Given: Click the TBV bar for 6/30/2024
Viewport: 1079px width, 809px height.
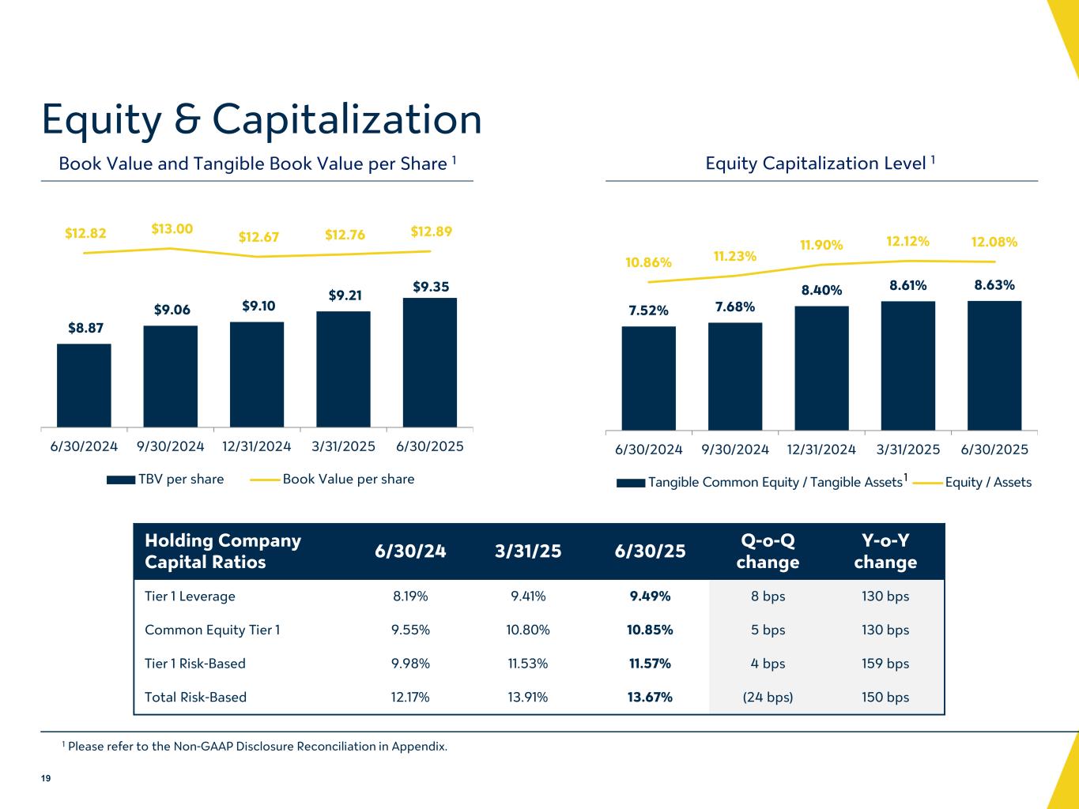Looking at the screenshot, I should point(84,385).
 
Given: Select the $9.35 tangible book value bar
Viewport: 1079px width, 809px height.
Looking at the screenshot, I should point(429,362).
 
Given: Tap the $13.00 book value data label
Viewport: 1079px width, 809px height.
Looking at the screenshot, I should point(172,229).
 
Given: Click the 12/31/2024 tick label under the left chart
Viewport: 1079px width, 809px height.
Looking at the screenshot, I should point(257,446).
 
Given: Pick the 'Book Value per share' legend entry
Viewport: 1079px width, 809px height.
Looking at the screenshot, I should point(348,480).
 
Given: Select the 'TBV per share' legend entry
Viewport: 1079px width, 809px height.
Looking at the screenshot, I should point(181,480).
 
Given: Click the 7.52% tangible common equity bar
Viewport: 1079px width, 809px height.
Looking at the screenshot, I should point(648,378).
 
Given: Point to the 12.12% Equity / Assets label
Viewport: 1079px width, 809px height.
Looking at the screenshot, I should point(907,240).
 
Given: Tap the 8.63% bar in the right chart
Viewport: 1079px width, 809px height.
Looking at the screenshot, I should point(994,365).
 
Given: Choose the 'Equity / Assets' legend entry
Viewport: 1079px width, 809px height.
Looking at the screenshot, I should point(988,482).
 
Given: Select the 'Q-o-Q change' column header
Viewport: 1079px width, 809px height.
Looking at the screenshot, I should point(768,551).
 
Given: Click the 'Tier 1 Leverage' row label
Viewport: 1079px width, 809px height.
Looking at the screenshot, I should point(190,596).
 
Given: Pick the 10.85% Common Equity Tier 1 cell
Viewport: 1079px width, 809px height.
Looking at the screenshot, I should point(650,630).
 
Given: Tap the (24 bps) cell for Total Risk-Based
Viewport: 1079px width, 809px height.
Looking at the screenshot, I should point(768,698).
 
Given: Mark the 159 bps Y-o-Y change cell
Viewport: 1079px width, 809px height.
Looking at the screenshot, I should point(885,664).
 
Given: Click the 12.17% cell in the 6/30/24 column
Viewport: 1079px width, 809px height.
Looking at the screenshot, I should point(411,698).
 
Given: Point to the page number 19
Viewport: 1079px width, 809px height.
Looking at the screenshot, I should point(46,779).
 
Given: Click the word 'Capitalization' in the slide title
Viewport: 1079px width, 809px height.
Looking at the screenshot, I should point(347,119).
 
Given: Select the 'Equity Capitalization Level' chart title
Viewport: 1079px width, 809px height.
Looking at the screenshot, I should point(815,164).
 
